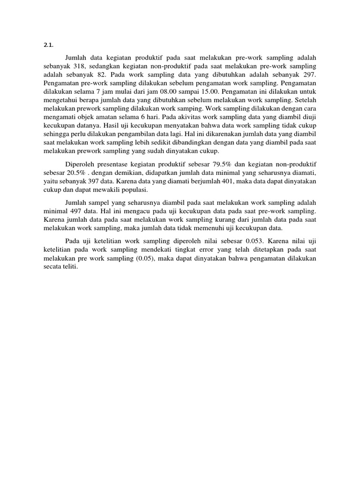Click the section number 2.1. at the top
tap(48, 45)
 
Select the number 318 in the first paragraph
tap(79, 66)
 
